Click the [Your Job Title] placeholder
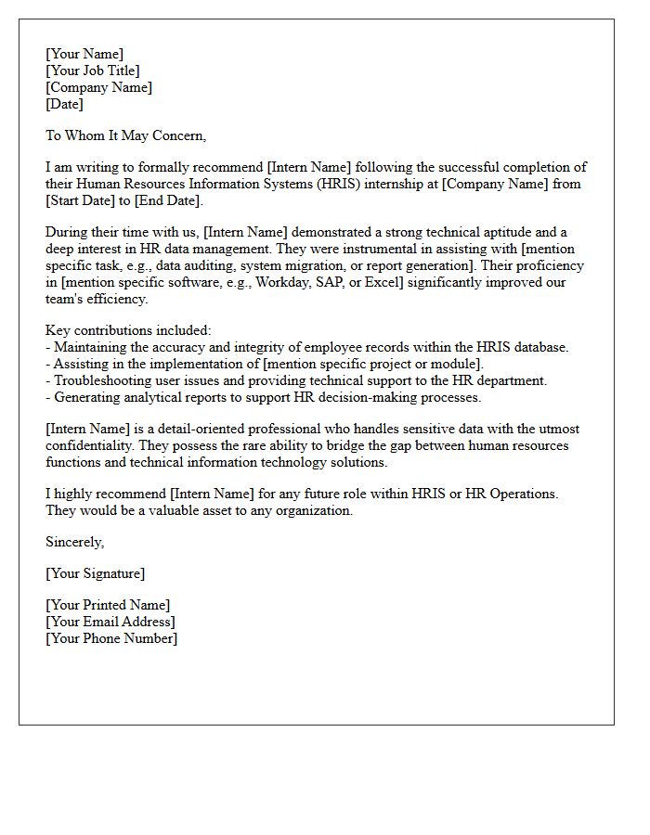pos(93,71)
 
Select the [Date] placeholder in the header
pos(64,104)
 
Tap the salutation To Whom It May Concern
pos(125,135)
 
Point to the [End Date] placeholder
pos(166,200)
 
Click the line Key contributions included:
pos(128,330)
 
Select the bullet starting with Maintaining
pos(306,347)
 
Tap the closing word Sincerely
pos(75,542)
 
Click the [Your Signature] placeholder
pos(95,573)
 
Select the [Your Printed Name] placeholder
pos(108,605)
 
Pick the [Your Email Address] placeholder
pos(110,622)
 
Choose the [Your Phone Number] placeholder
pos(111,638)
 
